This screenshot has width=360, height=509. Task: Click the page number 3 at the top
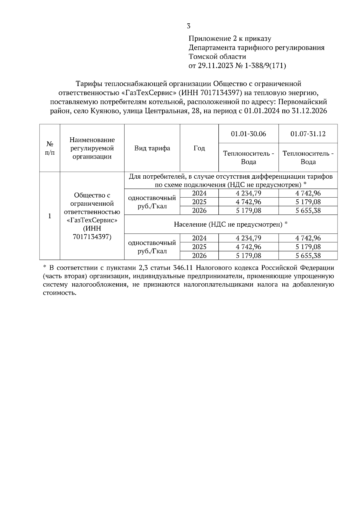[x=188, y=26]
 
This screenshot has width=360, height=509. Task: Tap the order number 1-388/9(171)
[x=265, y=65]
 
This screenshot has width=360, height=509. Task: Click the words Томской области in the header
[x=217, y=56]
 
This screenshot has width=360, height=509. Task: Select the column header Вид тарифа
[x=152, y=148]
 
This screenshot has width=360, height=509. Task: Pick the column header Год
[x=199, y=148]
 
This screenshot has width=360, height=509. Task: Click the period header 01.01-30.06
[x=248, y=134]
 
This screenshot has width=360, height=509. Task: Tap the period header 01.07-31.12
[x=308, y=134]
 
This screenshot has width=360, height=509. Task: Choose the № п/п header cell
[x=50, y=148]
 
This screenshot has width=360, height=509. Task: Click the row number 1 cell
[x=50, y=216]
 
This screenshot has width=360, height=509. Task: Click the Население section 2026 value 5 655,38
[x=308, y=256]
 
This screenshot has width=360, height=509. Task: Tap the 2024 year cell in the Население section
[x=199, y=238]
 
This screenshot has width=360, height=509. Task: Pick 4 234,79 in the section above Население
[x=248, y=193]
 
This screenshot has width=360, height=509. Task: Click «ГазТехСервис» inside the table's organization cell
[x=92, y=220]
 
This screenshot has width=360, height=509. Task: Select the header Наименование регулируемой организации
[x=92, y=148]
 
